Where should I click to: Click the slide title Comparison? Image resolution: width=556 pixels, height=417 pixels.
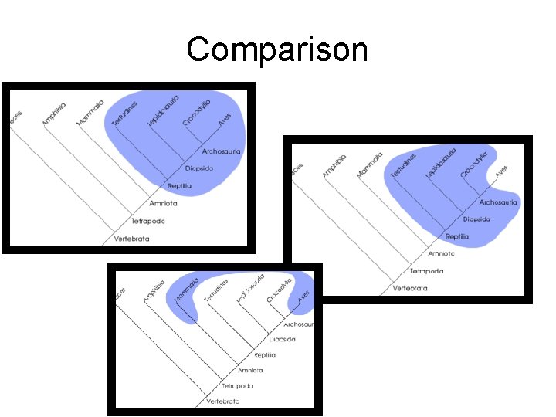(x=277, y=50)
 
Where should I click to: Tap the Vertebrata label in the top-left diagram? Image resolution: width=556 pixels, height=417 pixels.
(x=132, y=239)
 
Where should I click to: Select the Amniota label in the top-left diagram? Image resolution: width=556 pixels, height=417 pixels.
(x=160, y=203)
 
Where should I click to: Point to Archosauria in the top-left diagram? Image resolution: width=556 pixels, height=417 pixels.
(x=222, y=151)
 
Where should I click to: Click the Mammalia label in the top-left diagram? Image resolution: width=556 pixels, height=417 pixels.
(x=90, y=113)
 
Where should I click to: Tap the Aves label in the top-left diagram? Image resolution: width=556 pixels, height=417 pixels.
(x=224, y=120)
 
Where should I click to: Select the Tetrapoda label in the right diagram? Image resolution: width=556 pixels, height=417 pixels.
(x=426, y=271)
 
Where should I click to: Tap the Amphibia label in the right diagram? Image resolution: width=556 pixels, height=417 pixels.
(x=334, y=166)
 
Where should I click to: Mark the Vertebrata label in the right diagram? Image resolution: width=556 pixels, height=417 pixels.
(x=409, y=288)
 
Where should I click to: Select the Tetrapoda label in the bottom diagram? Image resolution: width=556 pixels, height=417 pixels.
(x=236, y=385)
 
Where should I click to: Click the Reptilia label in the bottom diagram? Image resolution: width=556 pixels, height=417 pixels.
(x=265, y=355)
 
